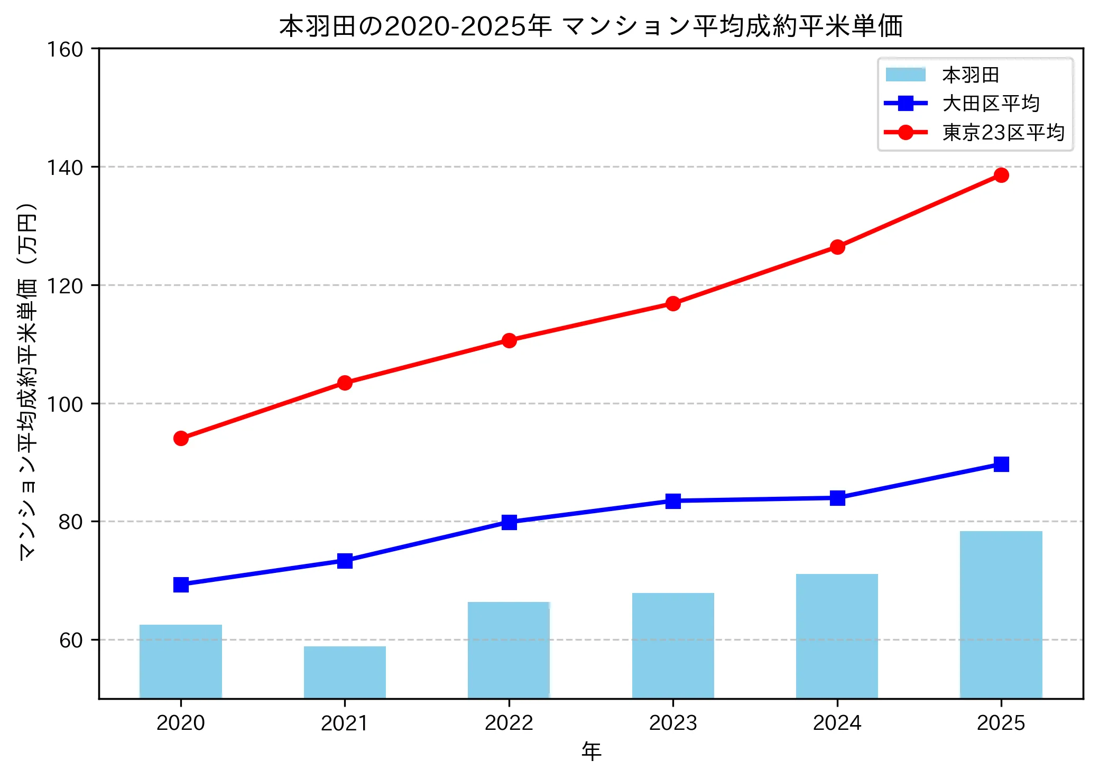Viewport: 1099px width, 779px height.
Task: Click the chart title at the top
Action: click(590, 26)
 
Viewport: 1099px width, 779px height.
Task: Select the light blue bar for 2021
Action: click(345, 672)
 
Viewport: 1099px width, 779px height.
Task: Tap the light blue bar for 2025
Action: click(1001, 614)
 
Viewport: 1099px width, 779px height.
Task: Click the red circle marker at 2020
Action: click(181, 438)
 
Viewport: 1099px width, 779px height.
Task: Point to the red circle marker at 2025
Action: click(1001, 175)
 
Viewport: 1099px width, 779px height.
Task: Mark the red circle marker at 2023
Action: click(673, 303)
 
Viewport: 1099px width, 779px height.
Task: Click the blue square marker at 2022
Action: click(509, 522)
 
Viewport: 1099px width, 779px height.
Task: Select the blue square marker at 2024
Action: click(837, 498)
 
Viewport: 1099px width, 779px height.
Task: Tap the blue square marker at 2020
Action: click(181, 585)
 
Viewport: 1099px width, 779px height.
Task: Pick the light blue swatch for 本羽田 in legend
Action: click(906, 75)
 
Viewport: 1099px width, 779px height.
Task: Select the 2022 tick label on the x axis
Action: click(509, 722)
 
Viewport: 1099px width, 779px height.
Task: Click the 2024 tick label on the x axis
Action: click(837, 722)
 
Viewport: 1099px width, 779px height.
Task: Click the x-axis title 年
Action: click(591, 751)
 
